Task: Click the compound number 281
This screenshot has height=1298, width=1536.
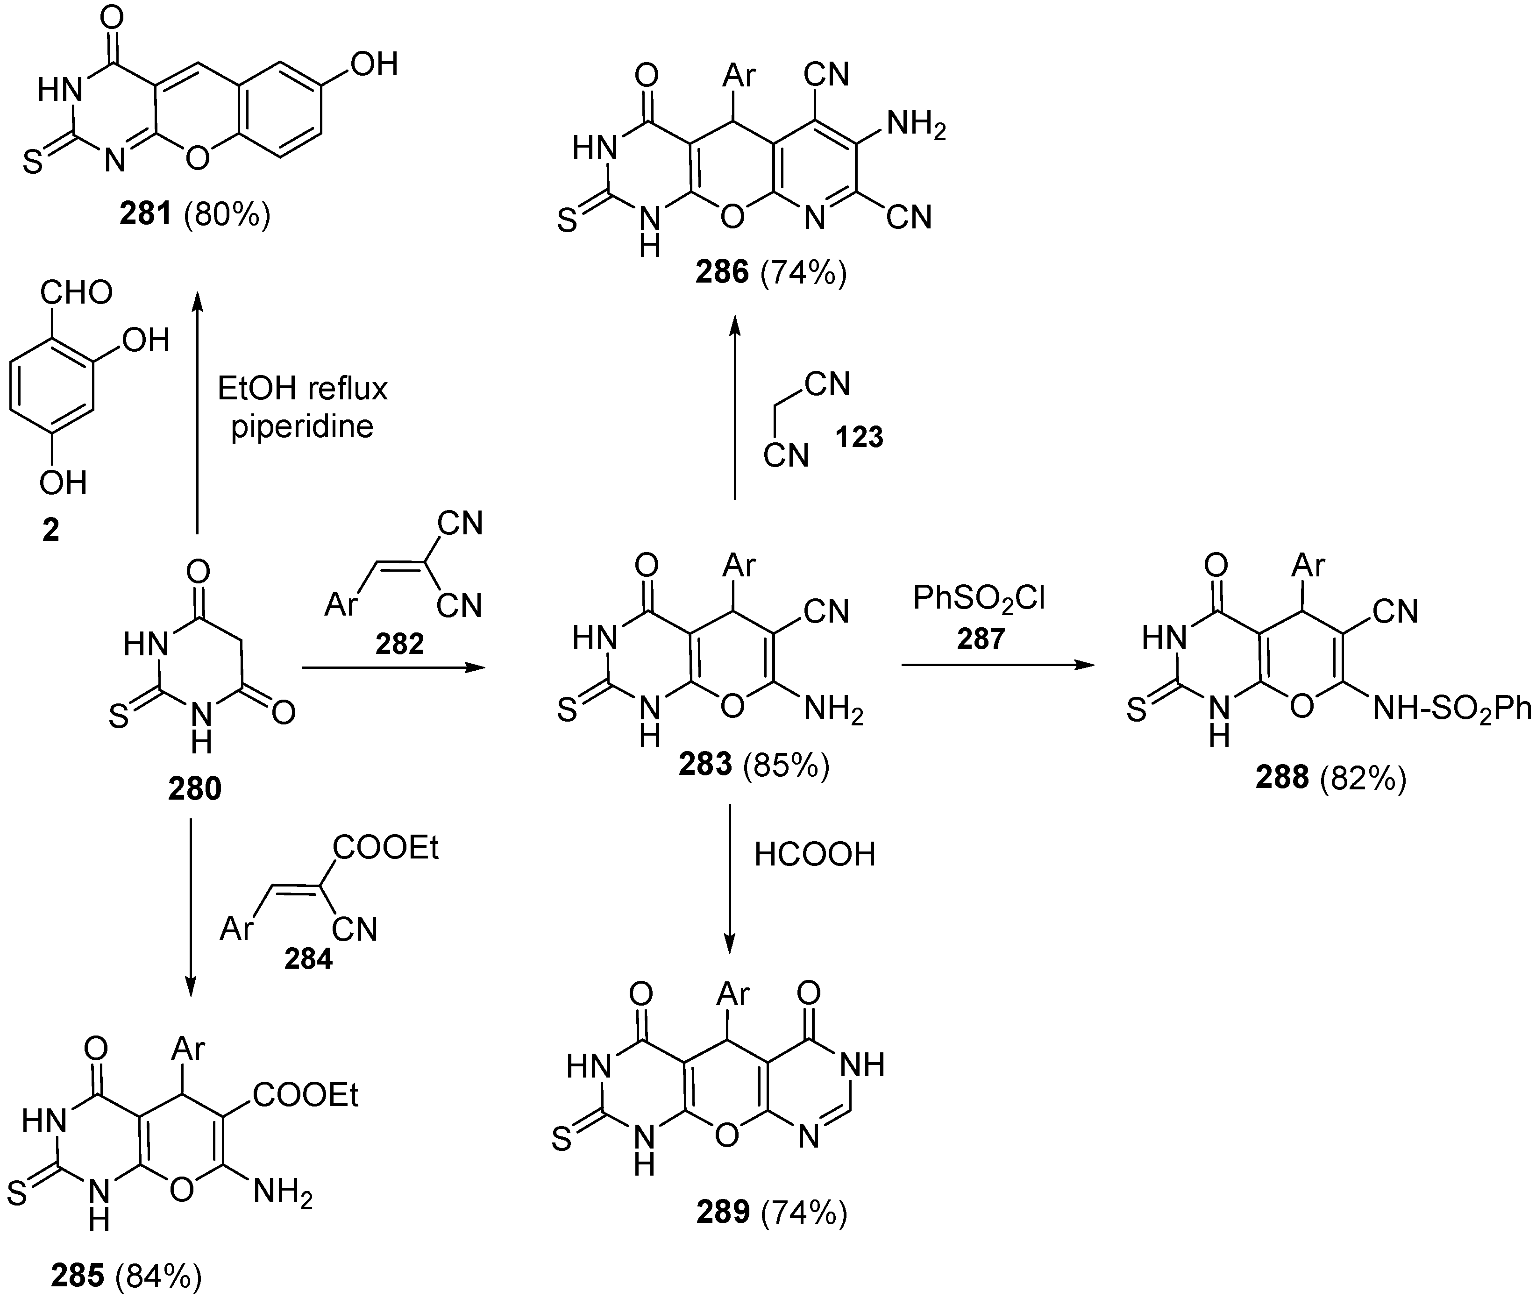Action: [x=146, y=214]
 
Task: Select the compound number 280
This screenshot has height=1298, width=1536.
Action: [x=194, y=789]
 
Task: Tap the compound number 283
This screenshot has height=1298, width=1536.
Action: [x=705, y=765]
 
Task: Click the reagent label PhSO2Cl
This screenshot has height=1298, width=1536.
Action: [x=979, y=599]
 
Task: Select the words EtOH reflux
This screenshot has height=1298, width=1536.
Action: [x=303, y=388]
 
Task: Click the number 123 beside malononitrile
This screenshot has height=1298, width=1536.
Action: [x=859, y=437]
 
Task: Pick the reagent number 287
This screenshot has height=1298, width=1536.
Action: [x=981, y=638]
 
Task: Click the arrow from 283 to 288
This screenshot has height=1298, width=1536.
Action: [x=997, y=665]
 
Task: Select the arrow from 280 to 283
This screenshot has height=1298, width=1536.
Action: [x=394, y=668]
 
